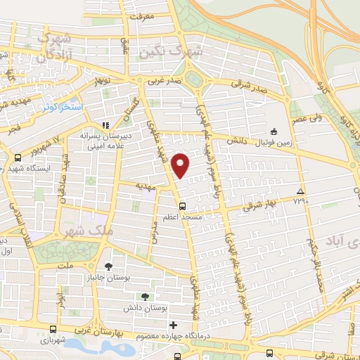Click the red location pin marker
181,165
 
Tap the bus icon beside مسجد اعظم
183,206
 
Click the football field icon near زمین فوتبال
274,131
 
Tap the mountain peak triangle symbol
300,191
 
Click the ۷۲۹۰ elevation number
300,201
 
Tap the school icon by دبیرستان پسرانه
105,125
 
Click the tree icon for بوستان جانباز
109,266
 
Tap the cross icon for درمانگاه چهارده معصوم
173,325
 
